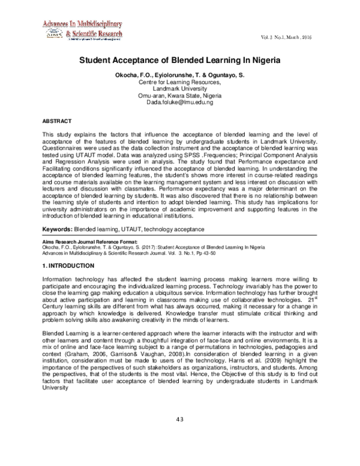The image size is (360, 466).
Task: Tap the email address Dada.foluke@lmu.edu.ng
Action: point(179,103)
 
